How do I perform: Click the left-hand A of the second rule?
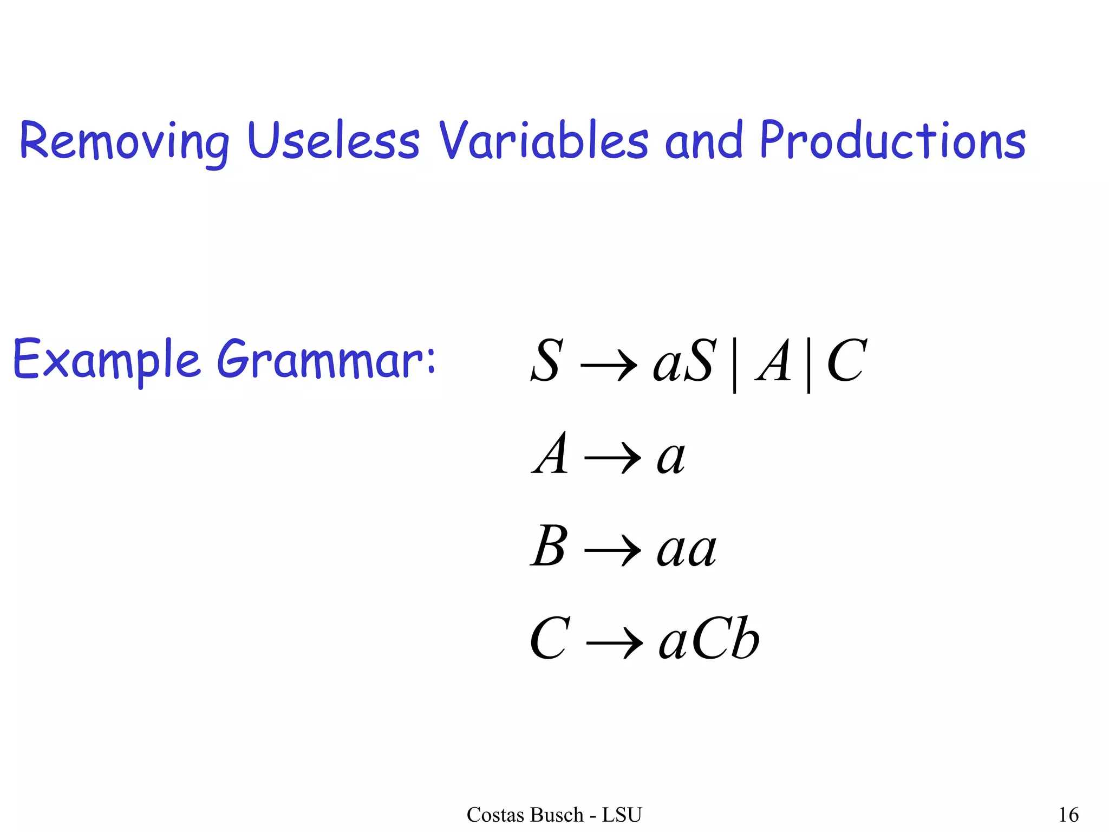[551, 454]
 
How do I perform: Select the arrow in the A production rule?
[612, 458]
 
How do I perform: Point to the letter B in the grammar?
[549, 547]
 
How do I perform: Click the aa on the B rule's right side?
[687, 550]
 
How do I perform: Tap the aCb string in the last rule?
[709, 640]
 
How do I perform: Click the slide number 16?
[1068, 815]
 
